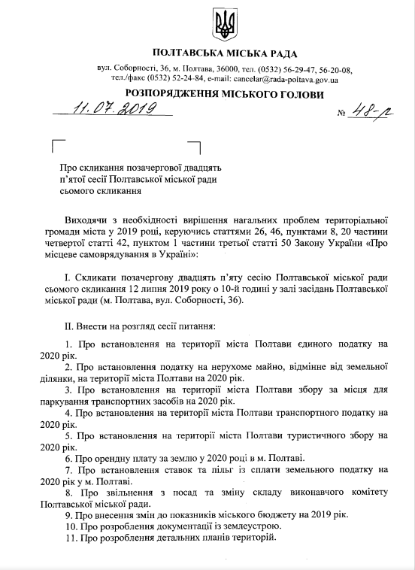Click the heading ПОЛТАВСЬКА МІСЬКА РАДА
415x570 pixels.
(224, 54)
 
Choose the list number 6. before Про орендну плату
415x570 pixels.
(68, 457)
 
